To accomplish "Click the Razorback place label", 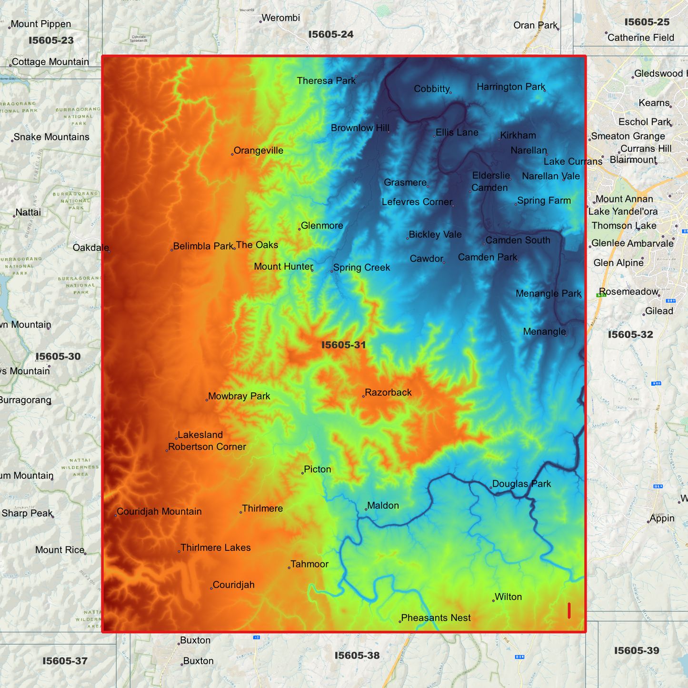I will [388, 393].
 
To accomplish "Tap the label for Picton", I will [317, 469].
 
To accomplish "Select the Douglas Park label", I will [521, 484].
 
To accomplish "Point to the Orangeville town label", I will [258, 151].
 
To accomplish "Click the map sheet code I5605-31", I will [343, 345].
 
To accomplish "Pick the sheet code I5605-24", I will [330, 34].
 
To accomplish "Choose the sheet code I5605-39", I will [636, 651].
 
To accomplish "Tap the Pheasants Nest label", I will [436, 618].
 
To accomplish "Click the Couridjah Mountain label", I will [159, 512].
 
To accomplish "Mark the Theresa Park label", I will [326, 81].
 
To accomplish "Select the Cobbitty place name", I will [431, 89].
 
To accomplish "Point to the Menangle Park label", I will [548, 294].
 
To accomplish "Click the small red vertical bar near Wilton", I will [569, 610].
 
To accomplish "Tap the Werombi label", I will [280, 18].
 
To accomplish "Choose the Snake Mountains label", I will [51, 137].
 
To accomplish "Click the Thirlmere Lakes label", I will [215, 548].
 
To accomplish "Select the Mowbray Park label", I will [239, 397].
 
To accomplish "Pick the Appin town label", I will [662, 518].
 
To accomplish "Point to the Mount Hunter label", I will [283, 267].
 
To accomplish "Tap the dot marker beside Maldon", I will [366, 509].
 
